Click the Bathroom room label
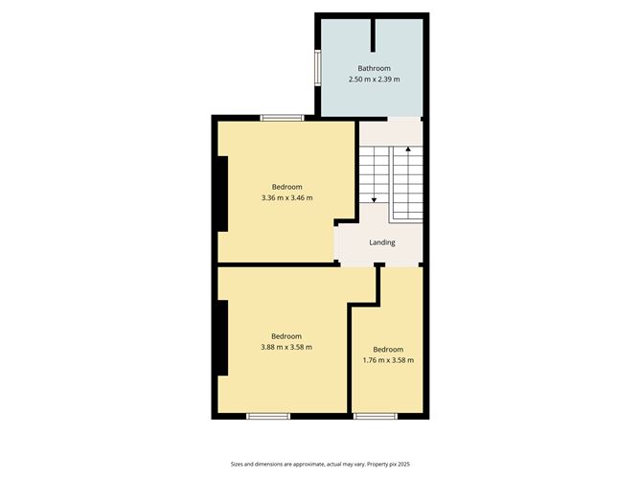pyautogui.click(x=374, y=68)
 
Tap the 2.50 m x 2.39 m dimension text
pyautogui.click(x=374, y=80)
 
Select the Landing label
pyautogui.click(x=382, y=242)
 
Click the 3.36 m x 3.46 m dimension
pyautogui.click(x=286, y=198)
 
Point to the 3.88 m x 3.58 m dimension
pyautogui.click(x=286, y=348)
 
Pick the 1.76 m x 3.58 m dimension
pyautogui.click(x=388, y=360)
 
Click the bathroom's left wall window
pyautogui.click(x=317, y=68)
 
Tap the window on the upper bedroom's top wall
pyautogui.click(x=282, y=118)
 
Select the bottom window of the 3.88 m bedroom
pyautogui.click(x=268, y=417)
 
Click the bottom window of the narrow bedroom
pyautogui.click(x=376, y=417)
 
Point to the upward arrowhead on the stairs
pyautogui.click(x=408, y=149)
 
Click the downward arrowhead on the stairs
pyautogui.click(x=374, y=200)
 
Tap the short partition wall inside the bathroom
pyautogui.click(x=373, y=35)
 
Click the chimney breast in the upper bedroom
pyautogui.click(x=222, y=194)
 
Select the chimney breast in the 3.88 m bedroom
pyautogui.click(x=222, y=337)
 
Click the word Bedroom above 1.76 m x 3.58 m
pyautogui.click(x=388, y=350)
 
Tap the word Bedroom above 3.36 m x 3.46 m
pyautogui.click(x=286, y=187)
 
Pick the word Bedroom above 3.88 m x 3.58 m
pyautogui.click(x=286, y=336)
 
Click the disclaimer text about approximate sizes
pyautogui.click(x=320, y=464)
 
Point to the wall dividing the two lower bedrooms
pyautogui.click(x=350, y=358)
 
